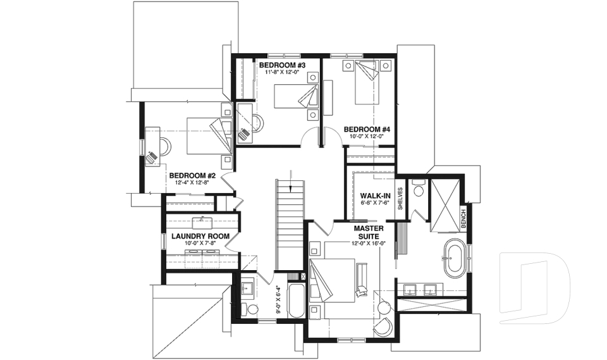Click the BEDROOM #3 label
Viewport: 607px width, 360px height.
click(x=282, y=65)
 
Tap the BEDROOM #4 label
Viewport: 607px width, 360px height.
click(x=367, y=130)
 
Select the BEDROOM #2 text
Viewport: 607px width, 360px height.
click(x=193, y=175)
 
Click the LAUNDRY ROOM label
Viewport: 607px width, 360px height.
click(x=200, y=237)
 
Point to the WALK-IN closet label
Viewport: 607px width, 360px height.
click(x=374, y=196)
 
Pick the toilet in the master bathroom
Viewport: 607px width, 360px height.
click(x=418, y=191)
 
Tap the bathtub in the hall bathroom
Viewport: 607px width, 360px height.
click(x=295, y=301)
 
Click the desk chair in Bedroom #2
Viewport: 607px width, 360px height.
click(x=152, y=157)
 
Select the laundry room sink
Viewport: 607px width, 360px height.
click(x=203, y=221)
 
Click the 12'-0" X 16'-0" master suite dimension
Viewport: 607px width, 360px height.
click(x=370, y=243)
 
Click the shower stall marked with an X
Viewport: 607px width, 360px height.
click(x=445, y=205)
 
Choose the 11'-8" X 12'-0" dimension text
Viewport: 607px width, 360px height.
click(x=282, y=73)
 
